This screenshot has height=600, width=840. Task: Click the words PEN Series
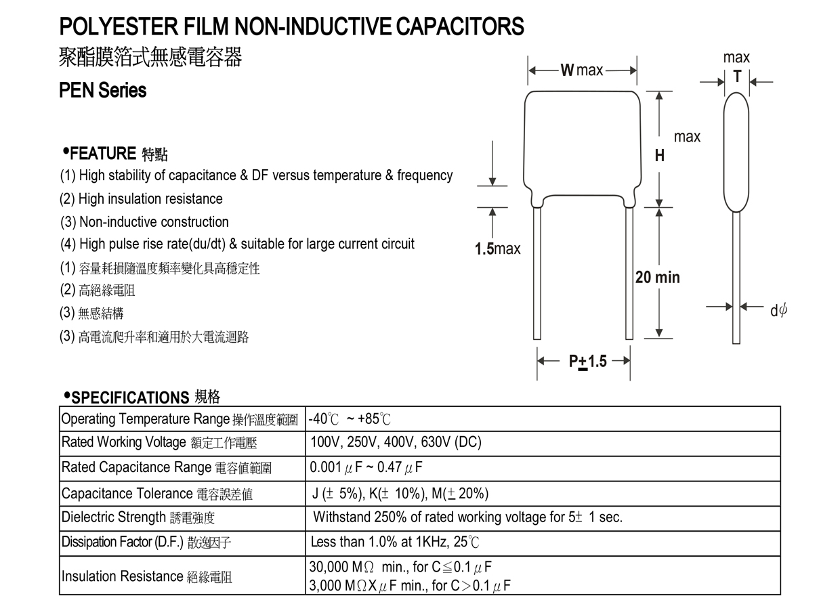click(103, 90)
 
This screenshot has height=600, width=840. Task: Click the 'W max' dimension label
click(581, 70)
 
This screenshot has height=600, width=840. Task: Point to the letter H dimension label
click(659, 156)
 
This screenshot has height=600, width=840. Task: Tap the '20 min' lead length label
click(657, 277)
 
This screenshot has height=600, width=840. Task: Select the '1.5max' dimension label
click(497, 249)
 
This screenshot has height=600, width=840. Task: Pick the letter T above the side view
click(737, 77)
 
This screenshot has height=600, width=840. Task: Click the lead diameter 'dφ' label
click(778, 310)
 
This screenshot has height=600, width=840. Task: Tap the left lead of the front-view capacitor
click(537, 274)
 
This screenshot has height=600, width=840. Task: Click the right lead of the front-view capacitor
click(629, 274)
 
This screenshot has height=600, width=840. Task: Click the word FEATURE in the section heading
click(103, 153)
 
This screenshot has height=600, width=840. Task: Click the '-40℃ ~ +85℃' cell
click(350, 419)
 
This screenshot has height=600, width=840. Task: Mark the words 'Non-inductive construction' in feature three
click(154, 222)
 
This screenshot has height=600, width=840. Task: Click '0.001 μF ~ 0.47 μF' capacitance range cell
click(366, 468)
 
